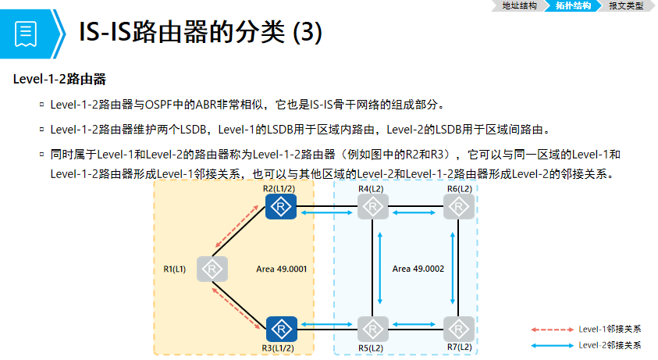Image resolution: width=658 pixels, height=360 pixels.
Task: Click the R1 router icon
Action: point(212,269)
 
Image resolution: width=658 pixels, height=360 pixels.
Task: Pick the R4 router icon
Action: point(373,207)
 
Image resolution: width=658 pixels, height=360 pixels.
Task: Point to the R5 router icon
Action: point(373,328)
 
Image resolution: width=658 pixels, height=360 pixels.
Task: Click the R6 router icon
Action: point(459,207)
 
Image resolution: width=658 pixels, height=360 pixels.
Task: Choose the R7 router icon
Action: point(459,328)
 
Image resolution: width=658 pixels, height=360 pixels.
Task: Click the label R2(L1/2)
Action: point(280,189)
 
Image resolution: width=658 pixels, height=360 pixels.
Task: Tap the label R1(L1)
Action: point(176,269)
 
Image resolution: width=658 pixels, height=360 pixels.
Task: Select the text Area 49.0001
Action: point(281,269)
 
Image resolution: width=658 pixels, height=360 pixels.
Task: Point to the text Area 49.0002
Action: point(418,269)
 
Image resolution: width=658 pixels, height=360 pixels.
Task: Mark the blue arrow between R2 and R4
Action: point(326,212)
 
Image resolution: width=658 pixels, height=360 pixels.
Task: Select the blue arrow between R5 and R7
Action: point(416,323)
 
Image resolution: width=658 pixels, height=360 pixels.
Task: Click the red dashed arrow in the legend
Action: point(552,330)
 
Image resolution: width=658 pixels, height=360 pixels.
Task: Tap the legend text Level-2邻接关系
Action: point(610,344)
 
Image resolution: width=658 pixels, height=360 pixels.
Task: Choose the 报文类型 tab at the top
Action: point(626,5)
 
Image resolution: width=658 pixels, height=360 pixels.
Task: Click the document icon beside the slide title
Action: point(26,34)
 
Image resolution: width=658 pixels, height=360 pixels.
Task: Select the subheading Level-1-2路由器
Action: point(59,79)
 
